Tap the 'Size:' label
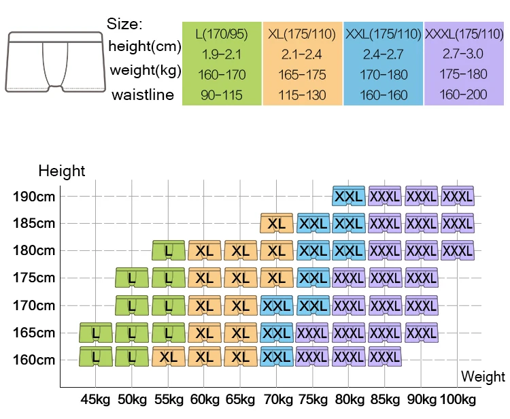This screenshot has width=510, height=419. pyautogui.click(x=124, y=24)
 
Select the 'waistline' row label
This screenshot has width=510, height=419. pyautogui.click(x=143, y=95)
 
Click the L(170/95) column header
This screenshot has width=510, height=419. pyautogui.click(x=222, y=33)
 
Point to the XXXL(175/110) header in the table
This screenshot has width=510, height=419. pyautogui.click(x=464, y=33)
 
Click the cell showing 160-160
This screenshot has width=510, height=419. pyautogui.click(x=383, y=95)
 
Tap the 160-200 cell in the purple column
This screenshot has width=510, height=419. pyautogui.click(x=464, y=95)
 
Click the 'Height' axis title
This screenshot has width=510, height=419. pyautogui.click(x=62, y=171)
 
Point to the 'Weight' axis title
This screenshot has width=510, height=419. pyautogui.click(x=483, y=376)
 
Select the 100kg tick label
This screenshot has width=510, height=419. pyautogui.click(x=458, y=399)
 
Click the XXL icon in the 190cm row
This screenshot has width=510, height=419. pyautogui.click(x=349, y=196)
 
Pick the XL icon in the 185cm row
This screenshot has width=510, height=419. pyautogui.click(x=277, y=223)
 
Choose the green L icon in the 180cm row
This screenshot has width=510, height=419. pyautogui.click(x=168, y=251)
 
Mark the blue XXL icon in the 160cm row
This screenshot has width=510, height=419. pyautogui.click(x=277, y=356)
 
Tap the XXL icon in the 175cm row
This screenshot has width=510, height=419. pyautogui.click(x=313, y=278)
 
